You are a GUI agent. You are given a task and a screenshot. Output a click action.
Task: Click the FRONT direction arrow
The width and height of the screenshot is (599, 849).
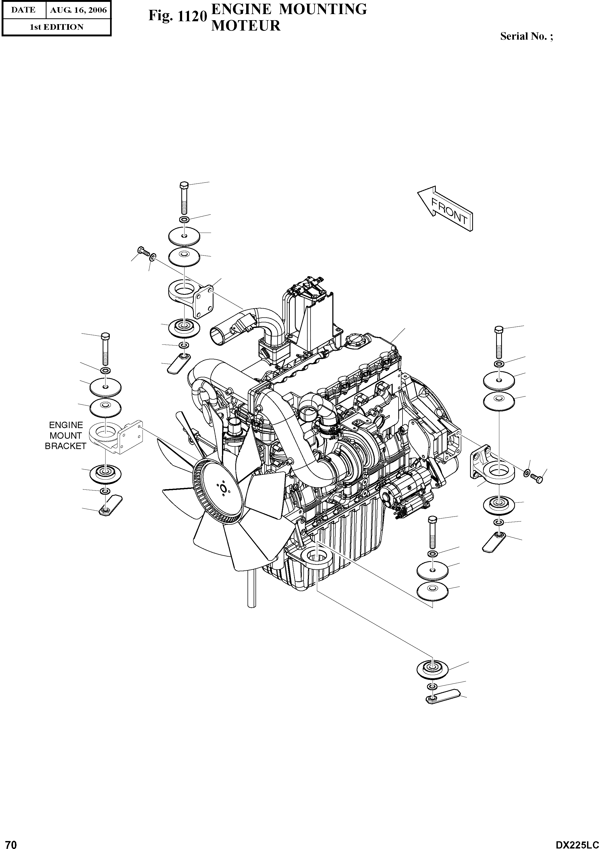point(446,209)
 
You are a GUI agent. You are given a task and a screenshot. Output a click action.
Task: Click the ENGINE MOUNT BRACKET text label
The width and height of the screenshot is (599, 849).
point(65,436)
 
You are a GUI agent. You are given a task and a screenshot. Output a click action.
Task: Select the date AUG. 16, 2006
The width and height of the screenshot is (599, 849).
point(78,10)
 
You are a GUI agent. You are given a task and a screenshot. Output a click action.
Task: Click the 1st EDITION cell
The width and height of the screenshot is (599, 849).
point(56,27)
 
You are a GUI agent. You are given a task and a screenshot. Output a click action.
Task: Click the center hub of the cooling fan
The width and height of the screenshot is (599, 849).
point(223,489)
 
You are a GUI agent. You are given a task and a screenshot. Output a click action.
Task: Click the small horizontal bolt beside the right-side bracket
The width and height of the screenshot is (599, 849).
point(536,478)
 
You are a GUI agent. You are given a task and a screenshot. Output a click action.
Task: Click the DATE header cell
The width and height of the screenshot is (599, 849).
point(23,10)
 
